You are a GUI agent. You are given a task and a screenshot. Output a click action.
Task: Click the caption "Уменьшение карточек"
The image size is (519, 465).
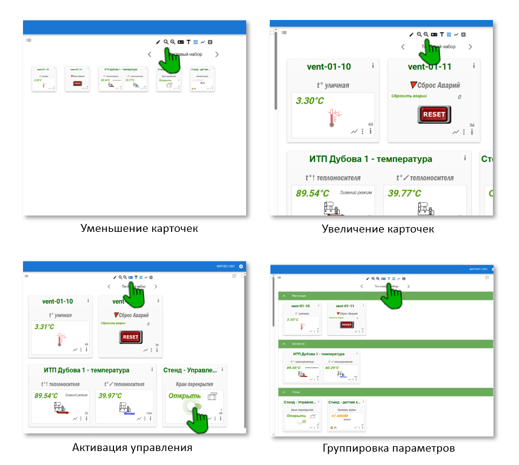click(139, 229)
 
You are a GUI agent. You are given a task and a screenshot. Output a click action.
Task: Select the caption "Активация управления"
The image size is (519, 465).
click(132, 447)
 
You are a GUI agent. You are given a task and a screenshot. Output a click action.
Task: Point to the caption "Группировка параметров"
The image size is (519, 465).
click(389, 449)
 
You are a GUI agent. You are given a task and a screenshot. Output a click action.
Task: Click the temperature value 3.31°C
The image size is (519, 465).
click(44, 327)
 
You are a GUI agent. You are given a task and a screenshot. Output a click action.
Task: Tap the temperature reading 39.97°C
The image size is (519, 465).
click(110, 395)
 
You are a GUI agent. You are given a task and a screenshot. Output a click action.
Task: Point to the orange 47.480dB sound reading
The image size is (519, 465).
click(339, 415)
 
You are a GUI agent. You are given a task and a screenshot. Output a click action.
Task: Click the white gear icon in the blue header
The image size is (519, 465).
click(241, 266)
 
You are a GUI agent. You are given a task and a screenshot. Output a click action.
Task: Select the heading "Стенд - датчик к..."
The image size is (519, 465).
click(344, 402)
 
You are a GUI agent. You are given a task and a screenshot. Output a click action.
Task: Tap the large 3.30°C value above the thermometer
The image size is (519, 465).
click(309, 101)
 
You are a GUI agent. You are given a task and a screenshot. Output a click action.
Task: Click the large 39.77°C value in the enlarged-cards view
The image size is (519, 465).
click(404, 193)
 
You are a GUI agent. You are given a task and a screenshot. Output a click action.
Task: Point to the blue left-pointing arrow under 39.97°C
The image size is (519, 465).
click(129, 412)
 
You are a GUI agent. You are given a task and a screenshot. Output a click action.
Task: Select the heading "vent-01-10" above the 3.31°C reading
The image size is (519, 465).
click(58, 301)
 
